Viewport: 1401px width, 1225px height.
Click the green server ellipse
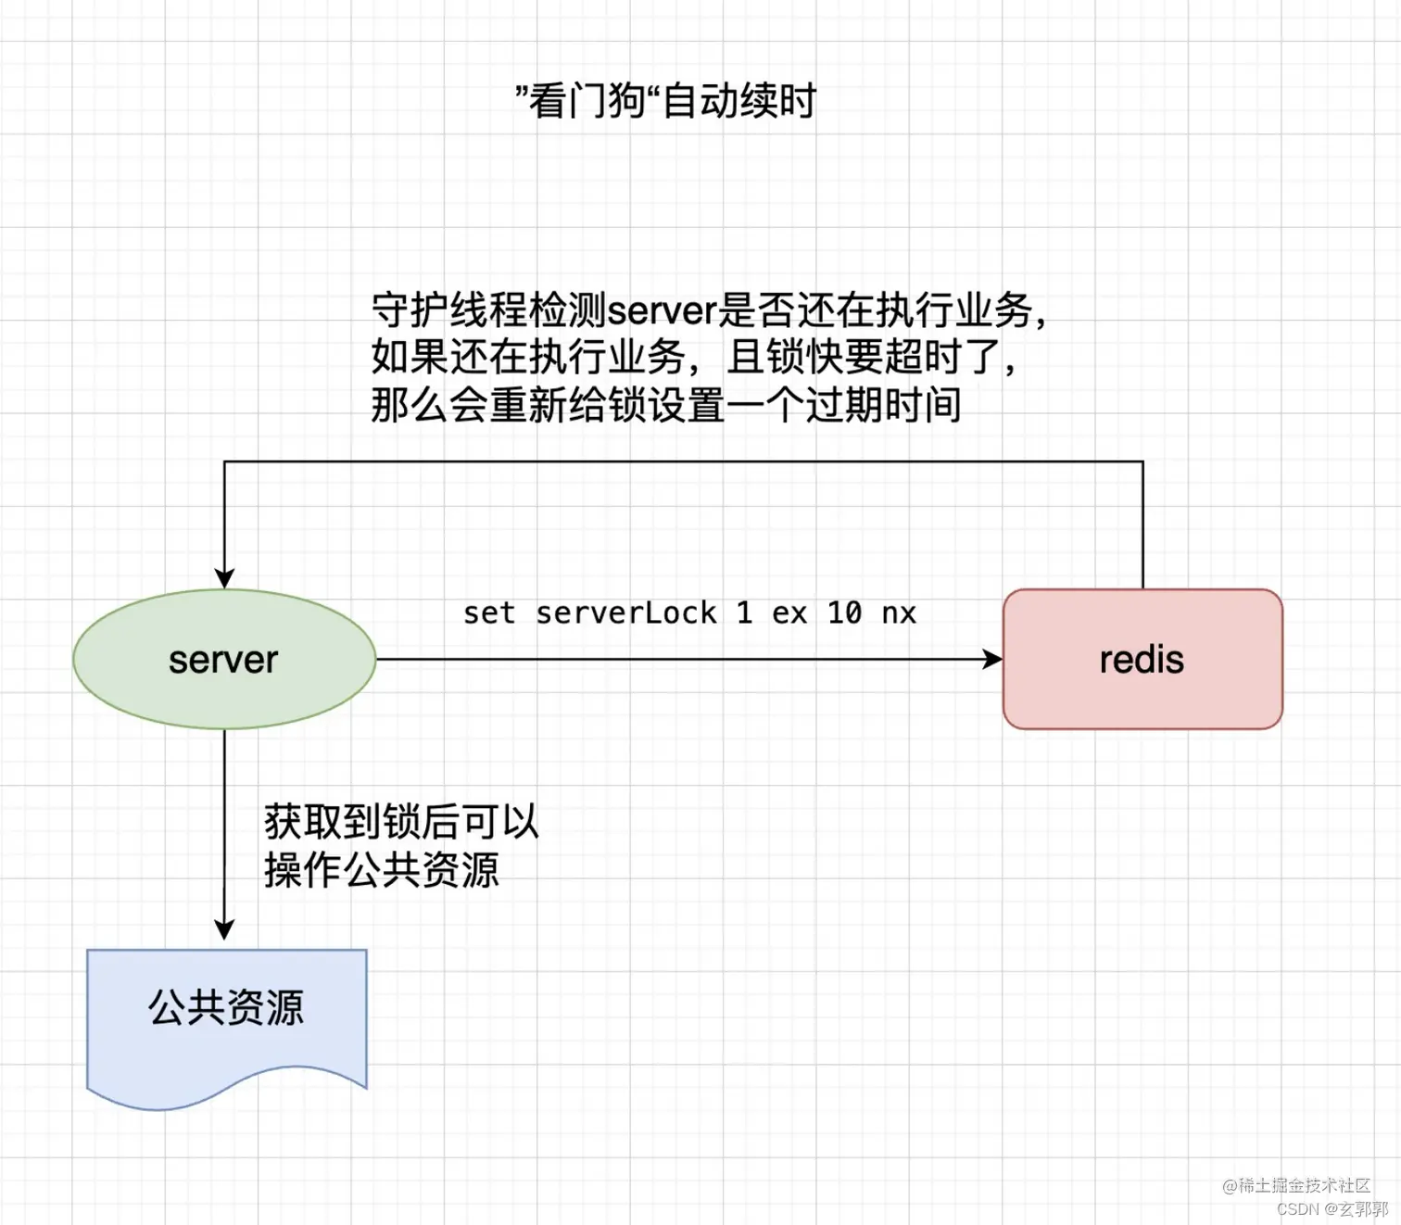pos(224,659)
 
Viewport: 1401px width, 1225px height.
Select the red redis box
pos(1142,659)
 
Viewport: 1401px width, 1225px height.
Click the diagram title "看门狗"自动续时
pos(665,100)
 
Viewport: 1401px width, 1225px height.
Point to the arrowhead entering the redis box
pos(993,659)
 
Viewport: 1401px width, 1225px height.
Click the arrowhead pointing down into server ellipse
pos(224,578)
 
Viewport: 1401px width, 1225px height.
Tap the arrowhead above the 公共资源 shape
pos(224,928)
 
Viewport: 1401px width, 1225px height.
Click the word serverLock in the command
pos(626,612)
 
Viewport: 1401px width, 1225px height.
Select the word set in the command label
pos(488,612)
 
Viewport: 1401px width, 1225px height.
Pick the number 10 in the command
pos(844,612)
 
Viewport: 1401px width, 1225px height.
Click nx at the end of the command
pos(898,612)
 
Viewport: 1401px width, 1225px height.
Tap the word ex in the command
pos(789,612)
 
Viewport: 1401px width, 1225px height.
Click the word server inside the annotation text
pos(662,310)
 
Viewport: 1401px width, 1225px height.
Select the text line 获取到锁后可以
pos(401,821)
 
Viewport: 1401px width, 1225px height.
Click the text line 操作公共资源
pos(382,869)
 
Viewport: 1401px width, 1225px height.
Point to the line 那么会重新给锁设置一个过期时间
pos(665,405)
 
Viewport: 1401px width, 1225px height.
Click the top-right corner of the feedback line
pos(1142,461)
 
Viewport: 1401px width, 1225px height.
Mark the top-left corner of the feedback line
pos(224,461)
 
